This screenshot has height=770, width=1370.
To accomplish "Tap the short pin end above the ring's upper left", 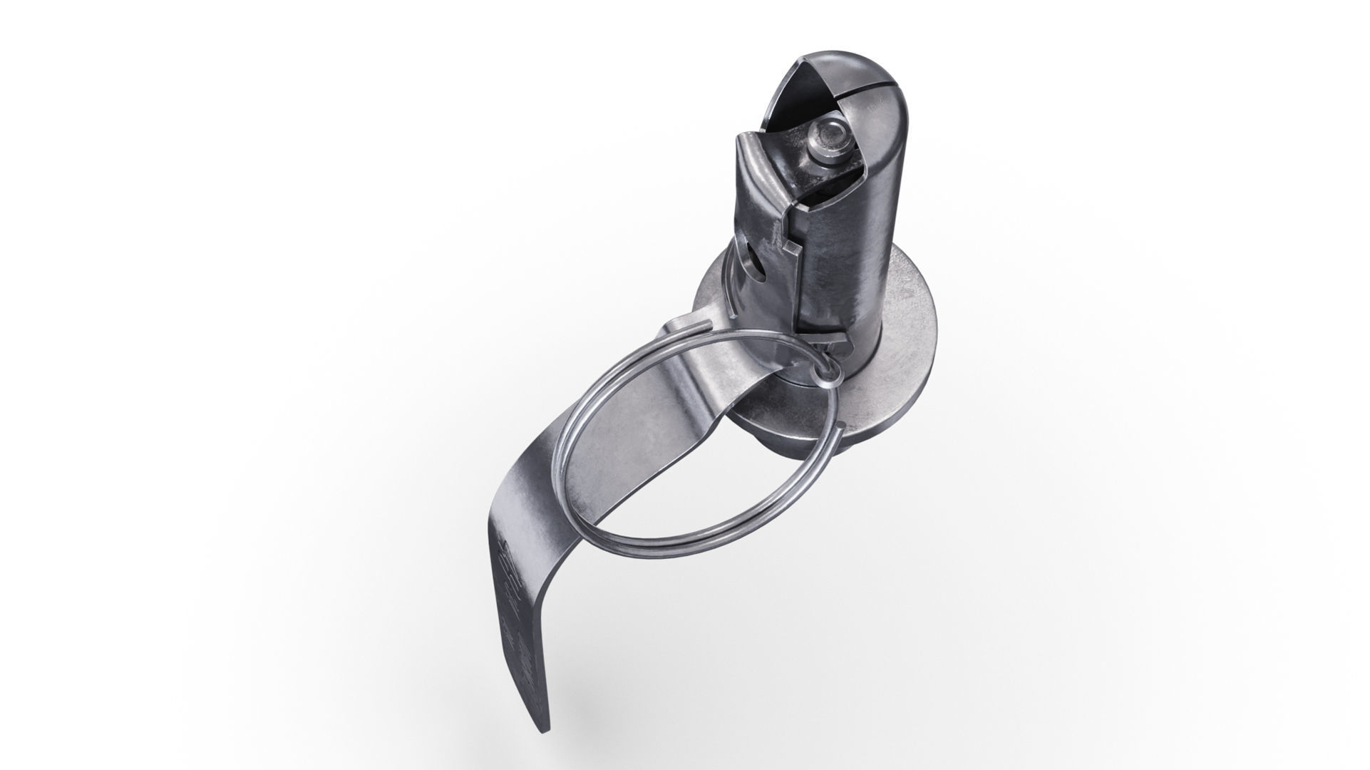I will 192,324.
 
